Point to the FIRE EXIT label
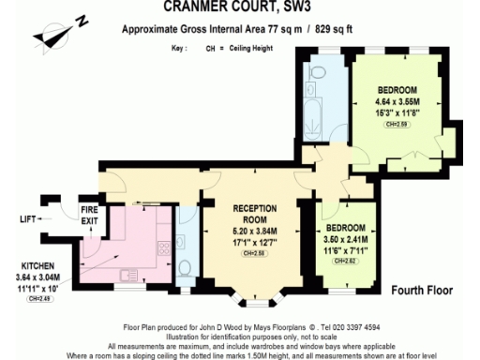coord(89,215)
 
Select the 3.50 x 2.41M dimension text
coord(346,238)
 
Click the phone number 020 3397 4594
coord(354,327)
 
